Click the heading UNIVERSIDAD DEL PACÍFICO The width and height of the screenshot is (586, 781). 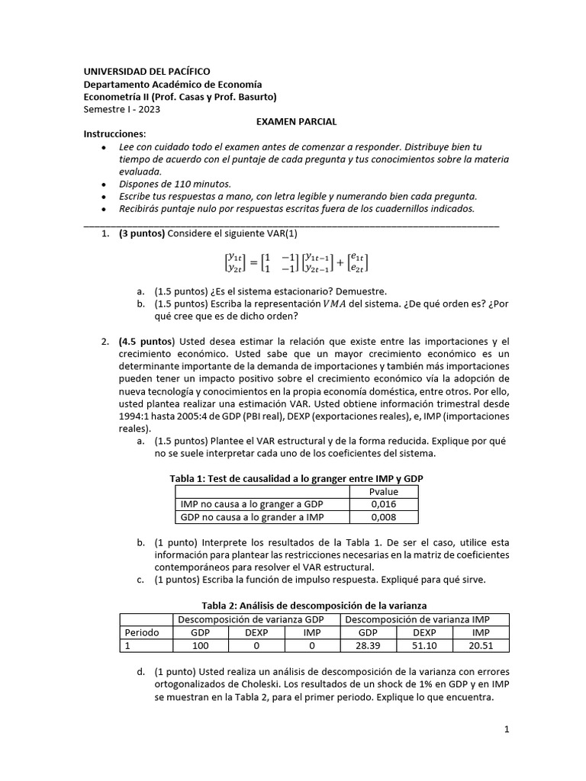point(146,71)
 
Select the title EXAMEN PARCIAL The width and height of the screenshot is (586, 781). point(295,122)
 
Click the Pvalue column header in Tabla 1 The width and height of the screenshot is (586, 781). point(383,491)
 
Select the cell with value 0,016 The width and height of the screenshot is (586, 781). point(383,504)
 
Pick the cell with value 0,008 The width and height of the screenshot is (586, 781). point(383,517)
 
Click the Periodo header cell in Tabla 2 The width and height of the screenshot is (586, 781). point(141,632)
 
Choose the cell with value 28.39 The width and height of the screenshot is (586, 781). point(367,645)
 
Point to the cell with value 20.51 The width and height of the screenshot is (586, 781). point(481,645)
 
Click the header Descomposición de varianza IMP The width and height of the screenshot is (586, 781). point(423,619)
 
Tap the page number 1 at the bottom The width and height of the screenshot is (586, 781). point(506,730)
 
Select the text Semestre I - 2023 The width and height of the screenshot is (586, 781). point(122,109)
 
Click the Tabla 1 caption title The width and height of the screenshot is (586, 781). point(295,478)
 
